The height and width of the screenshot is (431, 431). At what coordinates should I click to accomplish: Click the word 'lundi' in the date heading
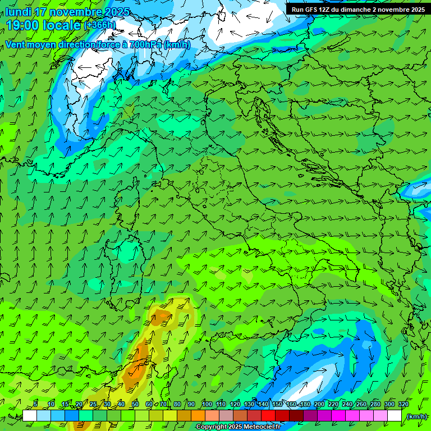pos(18,12)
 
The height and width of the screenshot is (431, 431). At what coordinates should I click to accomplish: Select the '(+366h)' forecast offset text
pos(100,25)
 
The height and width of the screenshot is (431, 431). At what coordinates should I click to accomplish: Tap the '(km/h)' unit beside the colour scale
pos(416,416)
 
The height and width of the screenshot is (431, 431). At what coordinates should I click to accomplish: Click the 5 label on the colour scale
pos(36,405)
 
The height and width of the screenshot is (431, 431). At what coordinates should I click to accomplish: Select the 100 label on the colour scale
pos(207,405)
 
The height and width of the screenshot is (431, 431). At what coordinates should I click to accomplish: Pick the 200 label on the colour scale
pos(319,405)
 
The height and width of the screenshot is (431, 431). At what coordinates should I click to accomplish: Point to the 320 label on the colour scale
pos(403,405)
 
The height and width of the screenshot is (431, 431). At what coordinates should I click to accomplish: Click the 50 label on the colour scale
pos(135,405)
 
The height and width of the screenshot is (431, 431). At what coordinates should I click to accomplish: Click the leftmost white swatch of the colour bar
pos(30,416)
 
